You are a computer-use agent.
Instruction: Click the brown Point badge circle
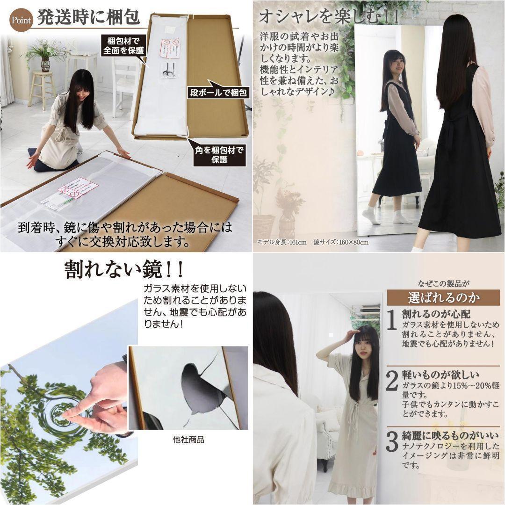tap(21, 20)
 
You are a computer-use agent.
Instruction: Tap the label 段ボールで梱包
tap(218, 92)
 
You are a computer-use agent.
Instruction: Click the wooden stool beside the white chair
tap(42, 89)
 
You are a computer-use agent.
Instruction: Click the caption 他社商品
tap(188, 440)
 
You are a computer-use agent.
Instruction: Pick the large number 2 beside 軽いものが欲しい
tap(392, 381)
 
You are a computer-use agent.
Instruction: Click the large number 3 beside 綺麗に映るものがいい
tap(392, 442)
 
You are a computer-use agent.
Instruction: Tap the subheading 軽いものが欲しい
tap(440, 375)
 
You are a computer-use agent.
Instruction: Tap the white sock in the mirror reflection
tap(371, 216)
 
